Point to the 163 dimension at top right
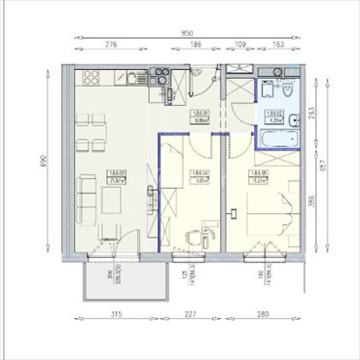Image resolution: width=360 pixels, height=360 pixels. (278, 45)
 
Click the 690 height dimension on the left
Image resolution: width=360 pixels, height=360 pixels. (43, 162)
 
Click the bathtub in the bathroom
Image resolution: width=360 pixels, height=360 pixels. (275, 140)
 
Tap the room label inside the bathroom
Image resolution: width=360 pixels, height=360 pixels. (275, 115)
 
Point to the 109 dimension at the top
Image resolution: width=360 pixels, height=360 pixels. (241, 45)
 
